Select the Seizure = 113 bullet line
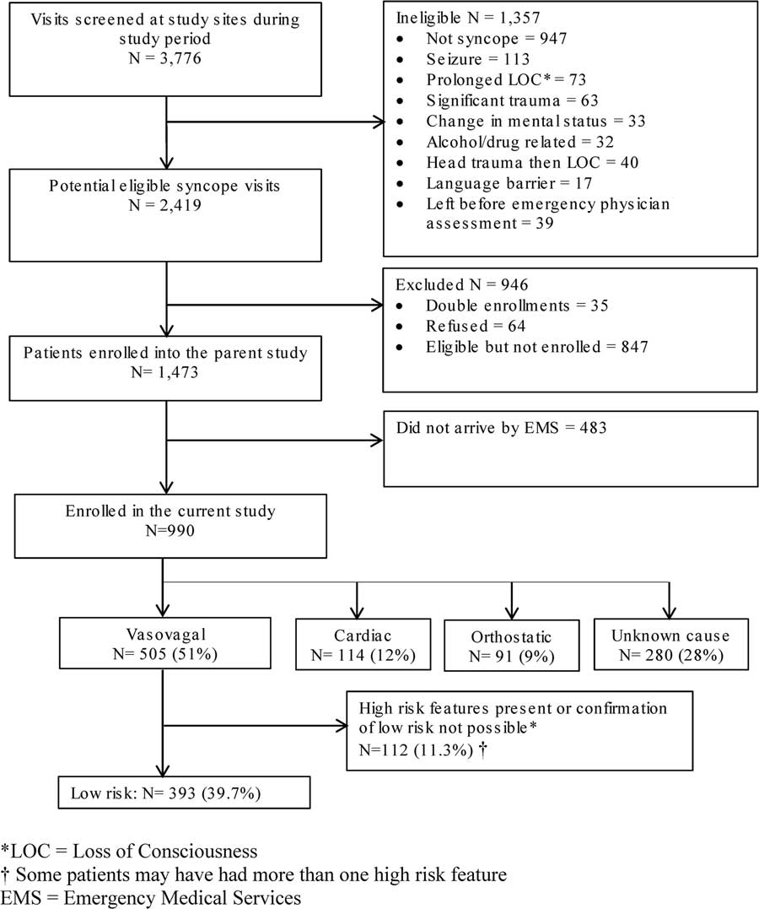(x=480, y=59)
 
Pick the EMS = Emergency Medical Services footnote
(x=152, y=896)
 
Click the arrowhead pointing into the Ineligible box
(x=376, y=122)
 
